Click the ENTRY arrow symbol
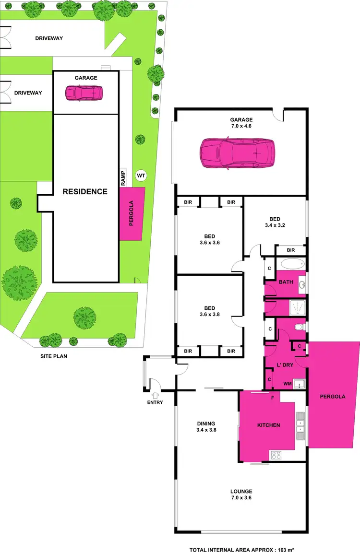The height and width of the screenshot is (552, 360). (x=155, y=395)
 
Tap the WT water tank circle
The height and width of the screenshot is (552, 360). (x=141, y=176)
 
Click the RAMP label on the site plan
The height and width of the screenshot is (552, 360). (x=123, y=178)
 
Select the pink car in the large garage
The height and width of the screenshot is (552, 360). (x=237, y=153)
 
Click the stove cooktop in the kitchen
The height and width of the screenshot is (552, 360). (x=276, y=455)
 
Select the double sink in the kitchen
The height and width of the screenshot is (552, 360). (x=300, y=426)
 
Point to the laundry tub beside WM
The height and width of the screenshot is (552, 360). (x=300, y=384)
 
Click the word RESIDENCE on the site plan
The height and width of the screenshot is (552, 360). (x=85, y=192)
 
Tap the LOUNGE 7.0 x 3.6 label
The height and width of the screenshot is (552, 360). (x=241, y=494)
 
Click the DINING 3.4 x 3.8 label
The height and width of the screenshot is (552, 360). (x=205, y=426)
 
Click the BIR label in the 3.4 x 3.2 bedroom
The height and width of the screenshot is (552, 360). (x=290, y=250)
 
